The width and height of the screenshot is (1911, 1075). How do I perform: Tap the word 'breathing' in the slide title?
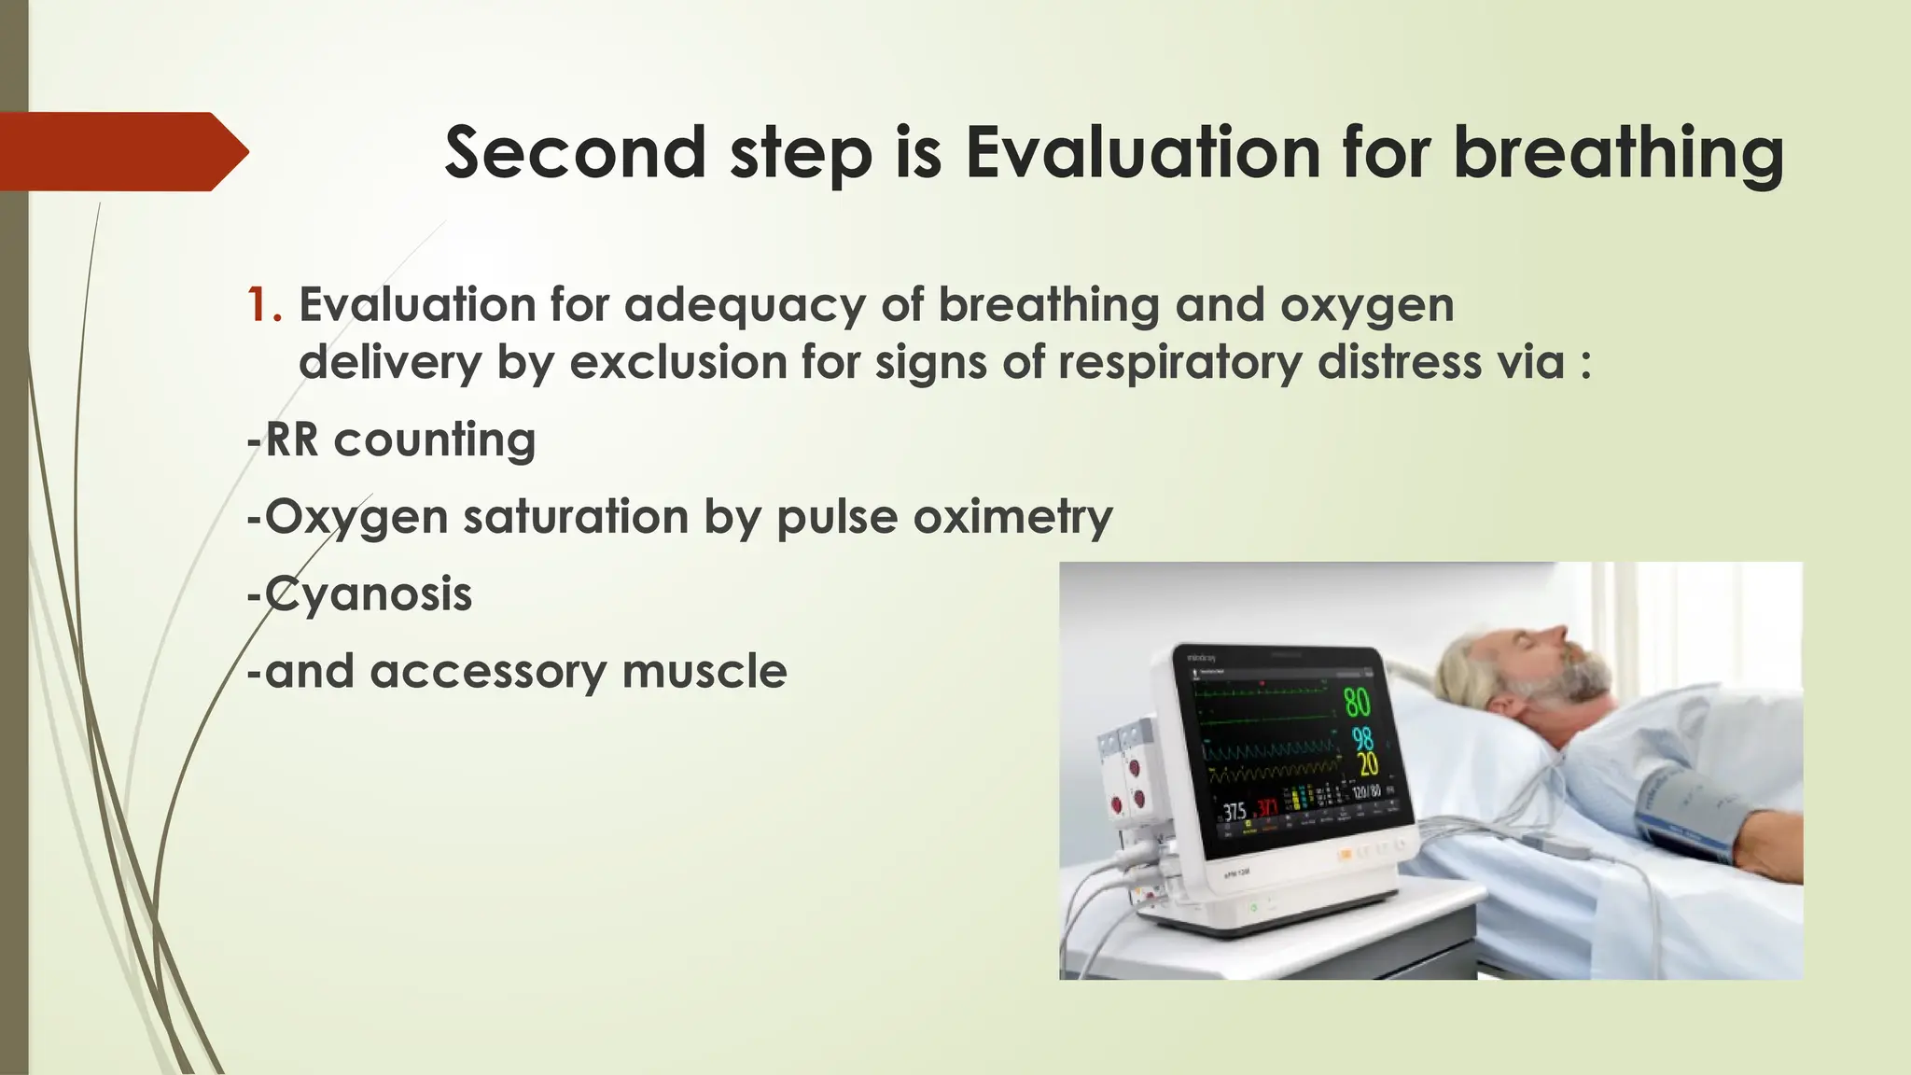coord(1618,154)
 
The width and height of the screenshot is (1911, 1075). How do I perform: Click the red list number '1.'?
coord(264,305)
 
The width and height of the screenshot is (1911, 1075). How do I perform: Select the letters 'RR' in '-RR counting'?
coord(292,440)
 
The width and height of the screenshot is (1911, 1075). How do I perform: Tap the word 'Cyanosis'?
coord(369,594)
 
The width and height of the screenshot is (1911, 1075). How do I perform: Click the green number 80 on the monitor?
coord(1357,702)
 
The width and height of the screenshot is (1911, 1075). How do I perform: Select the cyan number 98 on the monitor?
coord(1363,739)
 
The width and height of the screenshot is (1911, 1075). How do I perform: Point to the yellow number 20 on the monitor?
coord(1366,765)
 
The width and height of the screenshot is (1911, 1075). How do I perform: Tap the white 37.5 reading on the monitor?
coord(1234,811)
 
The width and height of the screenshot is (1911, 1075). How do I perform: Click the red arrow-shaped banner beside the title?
coord(121,152)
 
